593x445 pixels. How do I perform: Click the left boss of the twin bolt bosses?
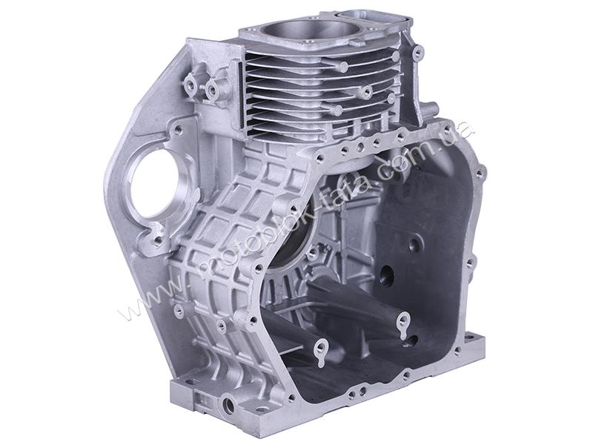pyautogui.click(x=190, y=80)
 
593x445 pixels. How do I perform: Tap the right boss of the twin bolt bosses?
pyautogui.click(x=212, y=89)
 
